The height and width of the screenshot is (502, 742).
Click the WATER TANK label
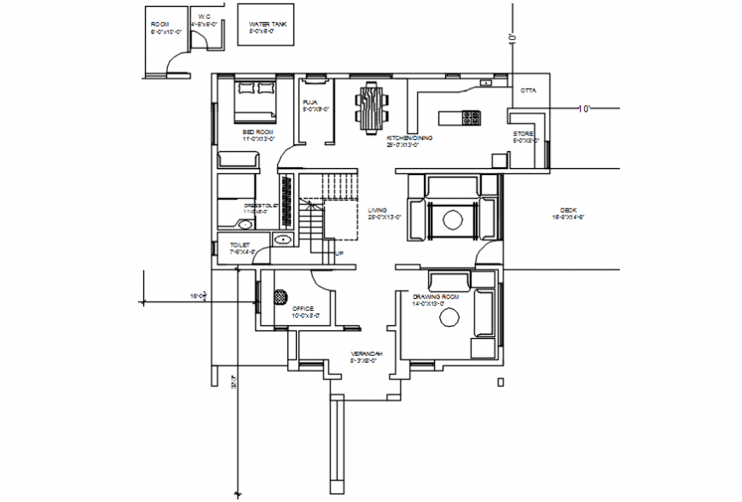[266, 26]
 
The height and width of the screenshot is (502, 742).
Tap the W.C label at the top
[205, 16]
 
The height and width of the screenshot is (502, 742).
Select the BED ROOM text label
[258, 132]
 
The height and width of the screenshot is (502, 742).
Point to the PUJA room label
[310, 102]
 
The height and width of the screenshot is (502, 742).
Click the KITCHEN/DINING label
[409, 137]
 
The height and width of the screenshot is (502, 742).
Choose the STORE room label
[523, 134]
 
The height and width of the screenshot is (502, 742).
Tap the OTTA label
[528, 89]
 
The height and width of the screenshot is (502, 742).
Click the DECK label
[569, 210]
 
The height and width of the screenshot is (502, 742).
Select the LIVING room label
[378, 209]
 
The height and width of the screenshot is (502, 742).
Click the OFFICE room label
[304, 308]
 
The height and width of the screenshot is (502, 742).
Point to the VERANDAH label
[367, 353]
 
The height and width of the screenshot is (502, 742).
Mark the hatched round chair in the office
[280, 297]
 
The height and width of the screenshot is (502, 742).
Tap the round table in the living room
[451, 218]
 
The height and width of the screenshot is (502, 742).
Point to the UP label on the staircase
[339, 254]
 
